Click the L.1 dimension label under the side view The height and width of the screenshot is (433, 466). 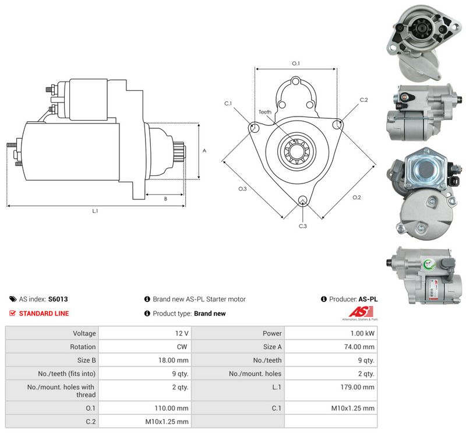coord(95,211)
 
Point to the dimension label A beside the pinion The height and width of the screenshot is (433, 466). coord(204,151)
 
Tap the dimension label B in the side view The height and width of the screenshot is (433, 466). coord(165,199)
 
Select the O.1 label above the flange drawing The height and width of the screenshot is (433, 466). coord(296,64)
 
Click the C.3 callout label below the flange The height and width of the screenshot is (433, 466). coord(302,226)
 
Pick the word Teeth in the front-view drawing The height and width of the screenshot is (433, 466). coord(265,112)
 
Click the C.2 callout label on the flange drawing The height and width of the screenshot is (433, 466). coord(363,100)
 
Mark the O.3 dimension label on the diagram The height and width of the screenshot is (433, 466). coord(242,189)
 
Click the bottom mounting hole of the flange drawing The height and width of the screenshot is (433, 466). coord(303,200)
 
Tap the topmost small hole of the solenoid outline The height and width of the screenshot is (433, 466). coord(295,81)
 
